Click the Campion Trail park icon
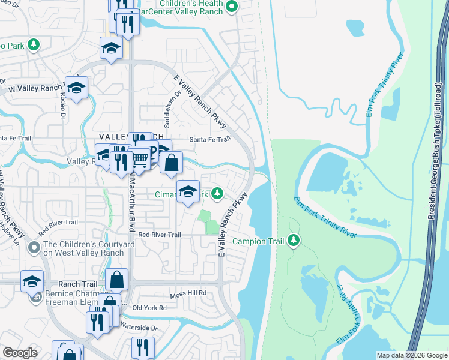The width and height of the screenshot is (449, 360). point(294,241)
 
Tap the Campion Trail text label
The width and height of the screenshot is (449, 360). point(258,241)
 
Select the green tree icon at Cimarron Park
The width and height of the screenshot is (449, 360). point(220,194)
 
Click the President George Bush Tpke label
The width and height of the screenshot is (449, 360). point(437,108)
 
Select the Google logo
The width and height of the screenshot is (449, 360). point(20,353)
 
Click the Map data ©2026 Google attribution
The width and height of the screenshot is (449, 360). point(411,355)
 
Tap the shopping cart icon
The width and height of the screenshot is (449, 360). point(140,159)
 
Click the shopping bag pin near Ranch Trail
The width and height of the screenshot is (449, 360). point(116,279)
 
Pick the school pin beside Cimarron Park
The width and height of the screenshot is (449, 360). point(188,192)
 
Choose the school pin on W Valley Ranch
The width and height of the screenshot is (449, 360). point(76,88)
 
